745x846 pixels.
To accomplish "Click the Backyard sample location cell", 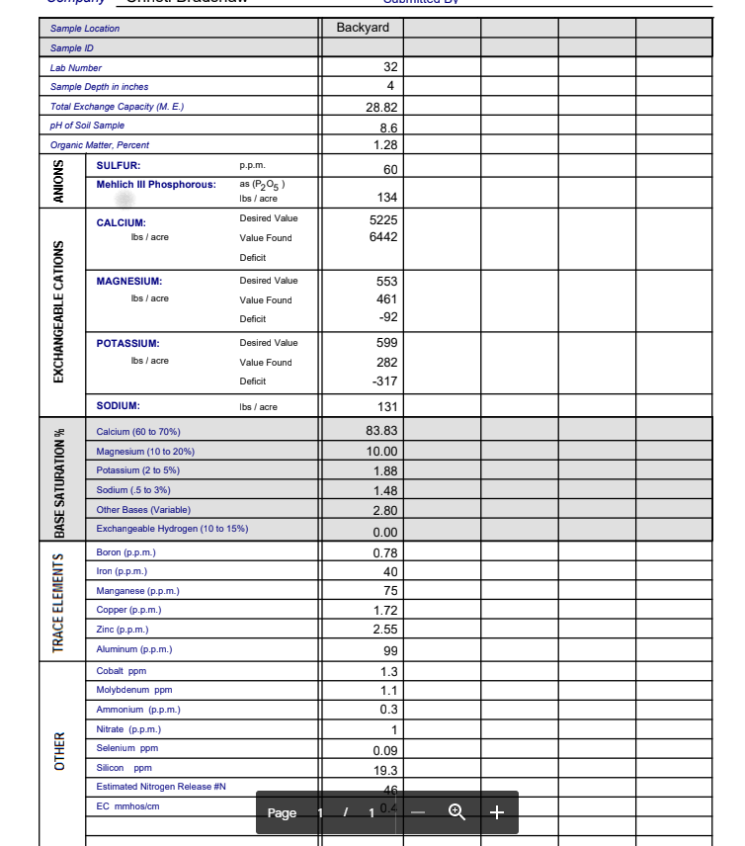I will [x=363, y=28].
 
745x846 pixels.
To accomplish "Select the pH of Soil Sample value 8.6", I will [x=388, y=128].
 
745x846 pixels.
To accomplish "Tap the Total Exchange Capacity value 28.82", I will [x=381, y=108].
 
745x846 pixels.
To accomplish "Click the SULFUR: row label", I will [x=118, y=166].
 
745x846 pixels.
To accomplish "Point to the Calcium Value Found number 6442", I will [x=383, y=238].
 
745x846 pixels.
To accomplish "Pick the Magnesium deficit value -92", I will [x=387, y=318].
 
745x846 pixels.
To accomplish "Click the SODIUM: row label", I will [x=118, y=406].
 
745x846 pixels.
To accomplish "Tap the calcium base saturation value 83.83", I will [x=381, y=432].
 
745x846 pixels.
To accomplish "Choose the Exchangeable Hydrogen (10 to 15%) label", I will [x=172, y=529].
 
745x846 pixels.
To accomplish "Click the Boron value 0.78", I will [x=385, y=553].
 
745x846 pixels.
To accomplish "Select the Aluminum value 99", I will [x=390, y=651].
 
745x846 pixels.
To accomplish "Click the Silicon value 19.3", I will [x=386, y=770].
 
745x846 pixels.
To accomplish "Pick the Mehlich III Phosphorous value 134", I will [x=387, y=198].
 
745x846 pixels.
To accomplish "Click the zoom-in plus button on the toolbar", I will [x=497, y=812].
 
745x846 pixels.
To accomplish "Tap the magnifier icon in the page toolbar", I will [x=456, y=812].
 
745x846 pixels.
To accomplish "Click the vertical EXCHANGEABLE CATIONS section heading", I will [x=59, y=311].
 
